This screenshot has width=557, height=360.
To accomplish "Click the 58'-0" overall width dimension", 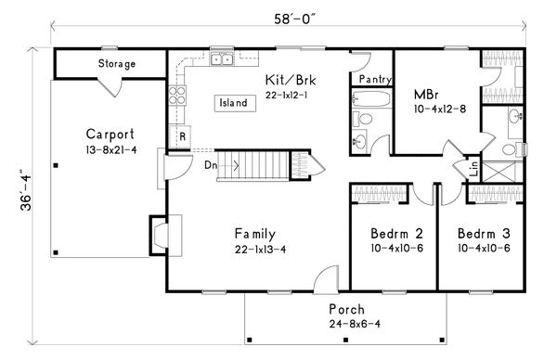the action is (294, 19).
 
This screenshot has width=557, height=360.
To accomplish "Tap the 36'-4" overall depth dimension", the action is (26, 194).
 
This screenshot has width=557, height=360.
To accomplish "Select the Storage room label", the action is (117, 64).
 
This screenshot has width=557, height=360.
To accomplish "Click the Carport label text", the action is (110, 135).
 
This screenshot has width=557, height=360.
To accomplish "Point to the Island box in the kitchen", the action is (235, 103).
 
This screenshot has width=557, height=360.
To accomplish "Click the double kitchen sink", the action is (222, 59).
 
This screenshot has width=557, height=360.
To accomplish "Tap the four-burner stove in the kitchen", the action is (177, 96).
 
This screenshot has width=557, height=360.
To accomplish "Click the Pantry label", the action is (375, 79).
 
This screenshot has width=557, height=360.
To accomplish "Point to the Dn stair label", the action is (211, 165).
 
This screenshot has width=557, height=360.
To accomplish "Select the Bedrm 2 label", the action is (396, 234).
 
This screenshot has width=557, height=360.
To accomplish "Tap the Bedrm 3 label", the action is (484, 234).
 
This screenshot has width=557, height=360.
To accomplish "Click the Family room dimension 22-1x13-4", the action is (260, 250).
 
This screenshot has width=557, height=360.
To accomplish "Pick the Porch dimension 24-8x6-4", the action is (355, 324).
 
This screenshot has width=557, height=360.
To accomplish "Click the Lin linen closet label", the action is (474, 168).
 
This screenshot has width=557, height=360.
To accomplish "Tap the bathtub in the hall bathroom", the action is (371, 98).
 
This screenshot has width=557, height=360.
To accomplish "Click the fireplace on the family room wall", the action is (159, 236).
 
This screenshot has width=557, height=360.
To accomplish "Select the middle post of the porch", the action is (345, 341).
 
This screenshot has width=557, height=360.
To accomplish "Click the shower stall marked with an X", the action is (501, 172).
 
